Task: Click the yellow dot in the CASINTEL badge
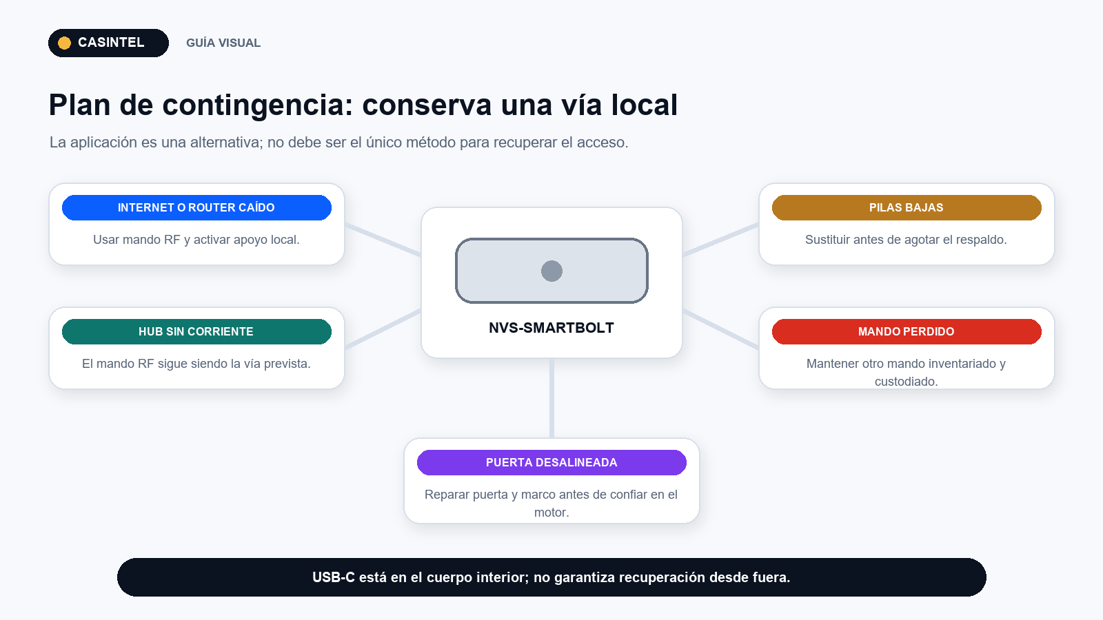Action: [65, 43]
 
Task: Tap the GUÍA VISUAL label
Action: [223, 43]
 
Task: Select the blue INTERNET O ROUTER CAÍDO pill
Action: [196, 207]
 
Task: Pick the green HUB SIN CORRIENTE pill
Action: [196, 331]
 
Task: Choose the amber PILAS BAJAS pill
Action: [907, 207]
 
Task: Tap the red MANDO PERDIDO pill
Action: [907, 331]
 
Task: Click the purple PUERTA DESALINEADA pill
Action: [551, 462]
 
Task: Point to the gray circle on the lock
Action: [551, 271]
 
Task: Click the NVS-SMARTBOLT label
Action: [551, 328]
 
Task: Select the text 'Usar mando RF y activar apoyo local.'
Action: [196, 240]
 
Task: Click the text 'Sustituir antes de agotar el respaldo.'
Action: [906, 240]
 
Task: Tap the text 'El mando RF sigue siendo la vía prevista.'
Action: [196, 364]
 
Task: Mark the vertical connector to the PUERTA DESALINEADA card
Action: [551, 398]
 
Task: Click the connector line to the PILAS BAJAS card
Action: [720, 240]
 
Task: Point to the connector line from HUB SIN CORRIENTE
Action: [383, 329]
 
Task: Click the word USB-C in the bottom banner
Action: [334, 577]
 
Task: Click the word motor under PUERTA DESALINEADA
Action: [551, 513]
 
